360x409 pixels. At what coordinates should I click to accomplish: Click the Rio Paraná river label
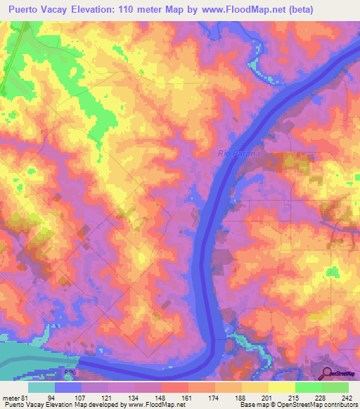[238, 153]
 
